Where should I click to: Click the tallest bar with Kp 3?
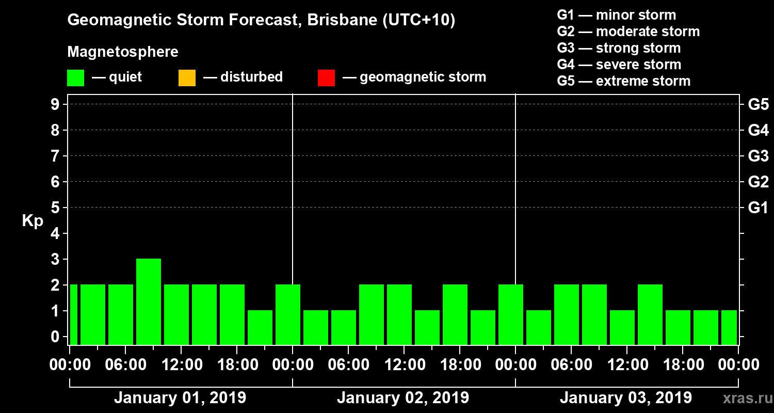(x=149, y=301)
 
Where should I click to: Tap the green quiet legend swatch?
(x=75, y=78)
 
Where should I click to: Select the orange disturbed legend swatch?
(x=187, y=78)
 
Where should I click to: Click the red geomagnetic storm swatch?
(x=326, y=78)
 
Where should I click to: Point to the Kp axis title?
(x=33, y=221)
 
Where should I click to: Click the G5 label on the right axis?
(x=758, y=104)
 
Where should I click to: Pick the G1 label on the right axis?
(x=758, y=208)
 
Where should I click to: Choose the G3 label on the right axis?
(x=758, y=156)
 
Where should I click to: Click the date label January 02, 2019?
(x=403, y=398)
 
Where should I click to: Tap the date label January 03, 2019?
(x=626, y=398)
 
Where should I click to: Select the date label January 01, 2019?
(x=180, y=398)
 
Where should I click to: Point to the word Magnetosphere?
(x=123, y=52)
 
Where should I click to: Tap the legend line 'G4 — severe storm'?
(x=619, y=65)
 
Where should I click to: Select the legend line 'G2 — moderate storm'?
(x=628, y=31)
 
